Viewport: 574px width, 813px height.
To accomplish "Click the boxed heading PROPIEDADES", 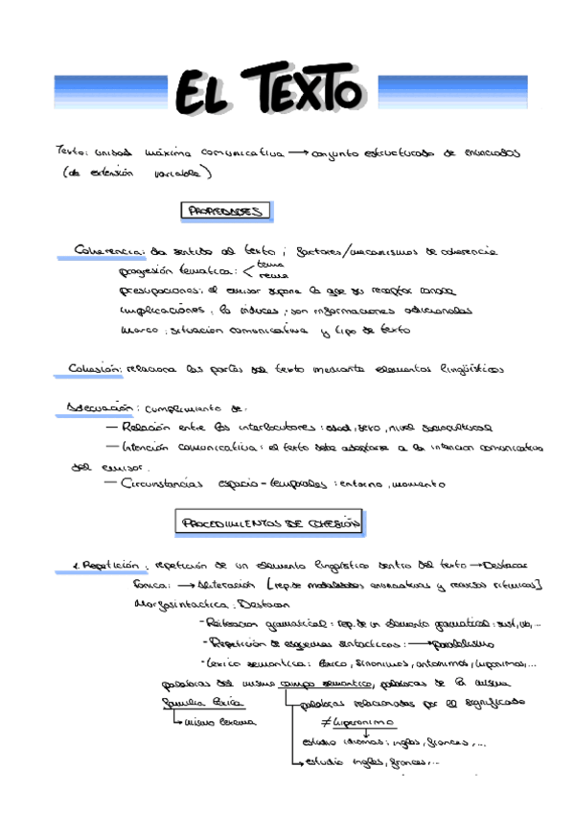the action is [225, 211].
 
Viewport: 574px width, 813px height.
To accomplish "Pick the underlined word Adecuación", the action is [98, 407].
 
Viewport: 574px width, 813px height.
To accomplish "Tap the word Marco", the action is [139, 331].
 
